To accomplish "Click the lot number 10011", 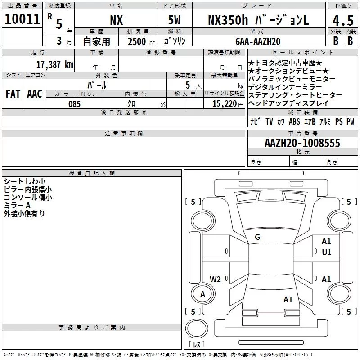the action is coord(22,19).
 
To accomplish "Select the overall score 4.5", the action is coord(342,21).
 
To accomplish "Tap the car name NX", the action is coord(116,20).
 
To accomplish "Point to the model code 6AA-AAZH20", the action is coord(258,41).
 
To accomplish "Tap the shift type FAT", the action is coord(13,94).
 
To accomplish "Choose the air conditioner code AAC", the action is coord(34,94).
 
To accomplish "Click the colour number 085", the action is coord(75,104).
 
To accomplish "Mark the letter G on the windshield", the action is coord(257,237).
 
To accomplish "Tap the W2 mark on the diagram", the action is coord(216,279).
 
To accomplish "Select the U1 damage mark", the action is coord(327,252).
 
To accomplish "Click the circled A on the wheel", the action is coord(202,294).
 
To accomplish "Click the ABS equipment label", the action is coord(294,121).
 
